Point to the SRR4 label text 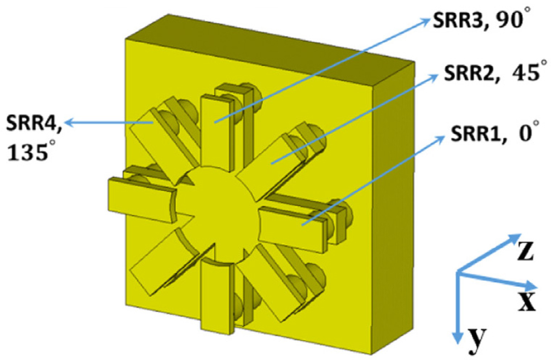pyautogui.click(x=33, y=123)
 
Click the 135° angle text pyautogui.click(x=31, y=151)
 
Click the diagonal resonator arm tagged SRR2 pyautogui.click(x=272, y=161)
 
